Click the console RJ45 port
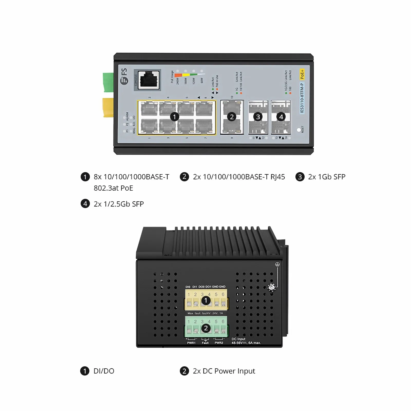(149, 80)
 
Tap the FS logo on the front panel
(124, 76)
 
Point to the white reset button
(299, 130)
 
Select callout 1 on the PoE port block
(174, 117)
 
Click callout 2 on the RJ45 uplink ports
(232, 117)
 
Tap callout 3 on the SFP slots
(258, 117)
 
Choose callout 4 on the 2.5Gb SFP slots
(281, 117)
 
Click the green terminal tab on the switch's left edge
(108, 82)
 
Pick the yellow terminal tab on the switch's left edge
(108, 107)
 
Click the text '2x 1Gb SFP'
(326, 177)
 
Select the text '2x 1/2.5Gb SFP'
(119, 204)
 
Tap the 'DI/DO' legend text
(104, 371)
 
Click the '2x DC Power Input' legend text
(224, 371)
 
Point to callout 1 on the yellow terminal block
(206, 300)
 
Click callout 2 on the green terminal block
(206, 328)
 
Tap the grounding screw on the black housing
(272, 287)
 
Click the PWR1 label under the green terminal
(191, 343)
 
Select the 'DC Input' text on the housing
(239, 339)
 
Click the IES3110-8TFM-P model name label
(302, 98)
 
